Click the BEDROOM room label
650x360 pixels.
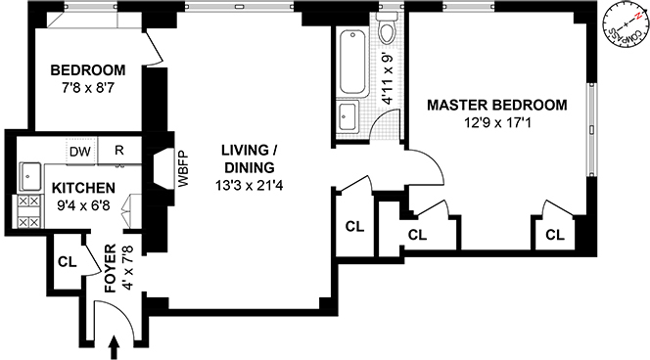click(x=88, y=70)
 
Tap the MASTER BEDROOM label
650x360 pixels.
click(x=497, y=105)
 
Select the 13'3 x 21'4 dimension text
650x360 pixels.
click(x=250, y=185)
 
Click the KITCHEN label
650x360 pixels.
click(x=83, y=188)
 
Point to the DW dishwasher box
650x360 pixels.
click(x=81, y=152)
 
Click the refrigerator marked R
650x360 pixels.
click(x=119, y=151)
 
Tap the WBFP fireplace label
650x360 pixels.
click(x=183, y=169)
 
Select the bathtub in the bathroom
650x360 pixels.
click(x=352, y=63)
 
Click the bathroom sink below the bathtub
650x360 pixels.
click(x=348, y=115)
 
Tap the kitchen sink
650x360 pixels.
click(x=30, y=176)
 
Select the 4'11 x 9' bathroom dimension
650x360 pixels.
click(x=388, y=78)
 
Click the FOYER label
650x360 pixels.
click(x=111, y=269)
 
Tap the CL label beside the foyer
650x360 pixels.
click(x=68, y=262)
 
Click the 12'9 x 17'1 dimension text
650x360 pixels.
click(x=497, y=123)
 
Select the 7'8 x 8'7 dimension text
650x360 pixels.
click(x=87, y=89)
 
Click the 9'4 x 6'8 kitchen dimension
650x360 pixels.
click(x=84, y=205)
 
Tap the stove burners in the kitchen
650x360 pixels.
click(x=29, y=211)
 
